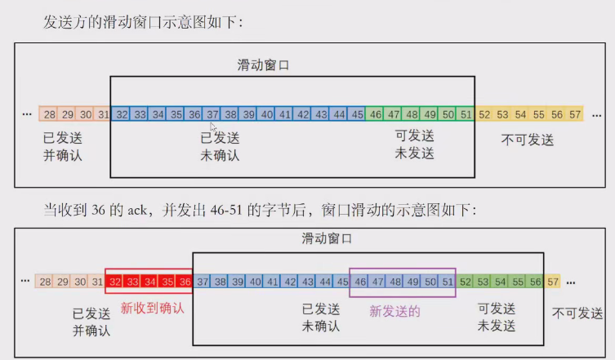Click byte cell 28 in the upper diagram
coord(50,114)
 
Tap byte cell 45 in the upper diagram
coord(357,114)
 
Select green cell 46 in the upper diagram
coord(376,114)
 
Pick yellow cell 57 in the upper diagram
coord(575,114)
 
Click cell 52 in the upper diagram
coord(485,114)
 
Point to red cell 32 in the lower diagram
coord(115,281)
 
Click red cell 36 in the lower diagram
coord(184,281)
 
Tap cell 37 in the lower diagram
coord(203,281)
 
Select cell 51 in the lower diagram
coord(447,281)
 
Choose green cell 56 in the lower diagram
coord(536,281)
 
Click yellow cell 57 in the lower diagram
coord(553,281)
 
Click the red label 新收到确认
coord(153,309)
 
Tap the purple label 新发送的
coord(394,310)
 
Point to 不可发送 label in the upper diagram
coord(528,140)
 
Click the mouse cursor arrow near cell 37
coord(213,127)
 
